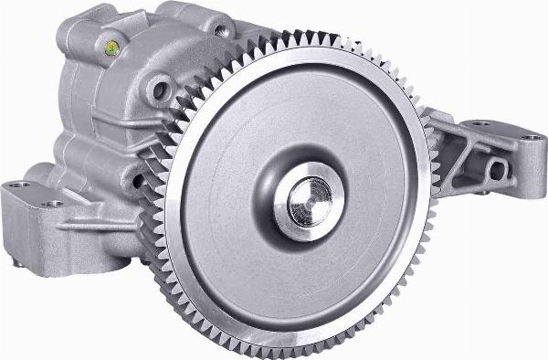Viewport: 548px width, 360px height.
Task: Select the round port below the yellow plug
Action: [161, 90]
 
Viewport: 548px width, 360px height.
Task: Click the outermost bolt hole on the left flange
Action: [16, 187]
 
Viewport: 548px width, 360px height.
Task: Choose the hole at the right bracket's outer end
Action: [531, 137]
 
